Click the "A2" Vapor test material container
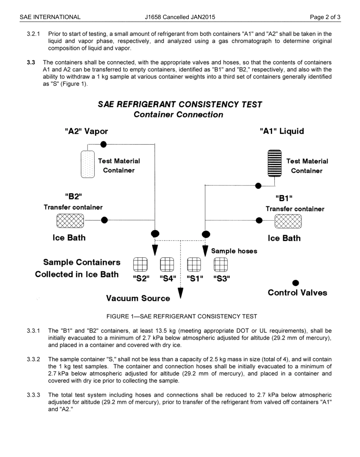coord(88,164)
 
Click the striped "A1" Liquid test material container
coord(275,163)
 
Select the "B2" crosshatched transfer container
coord(70,221)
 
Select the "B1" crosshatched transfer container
coord(288,221)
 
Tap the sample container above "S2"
coord(140,264)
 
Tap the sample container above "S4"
coord(167,264)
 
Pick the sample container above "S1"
coord(194,264)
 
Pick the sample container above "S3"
coord(221,264)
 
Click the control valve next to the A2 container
coord(103,144)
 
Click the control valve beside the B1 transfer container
coord(259,221)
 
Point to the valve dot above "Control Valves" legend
coord(296,283)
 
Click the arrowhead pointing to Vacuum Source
coord(181,293)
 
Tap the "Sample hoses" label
coord(234,251)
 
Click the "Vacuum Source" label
coord(138,299)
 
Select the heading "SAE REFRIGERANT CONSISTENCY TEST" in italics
coord(180,104)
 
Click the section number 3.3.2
coord(33,359)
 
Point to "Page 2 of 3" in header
coord(325,17)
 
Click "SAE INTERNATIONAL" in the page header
coord(50,17)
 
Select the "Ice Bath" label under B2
coord(69,238)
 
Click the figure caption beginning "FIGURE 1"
coord(182,316)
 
